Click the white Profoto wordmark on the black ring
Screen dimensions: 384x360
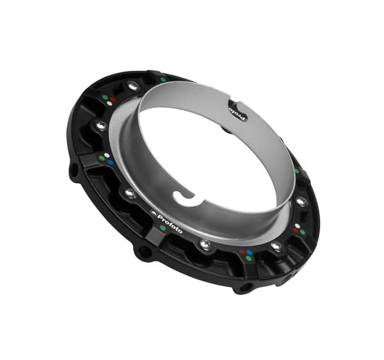pyautogui.click(x=170, y=224)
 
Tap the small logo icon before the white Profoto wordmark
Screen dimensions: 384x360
pyautogui.click(x=153, y=213)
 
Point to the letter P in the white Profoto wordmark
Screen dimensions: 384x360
pyautogui.click(x=161, y=217)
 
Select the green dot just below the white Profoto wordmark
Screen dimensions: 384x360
pyautogui.click(x=162, y=228)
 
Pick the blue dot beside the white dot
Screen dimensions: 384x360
pyautogui.click(x=110, y=162)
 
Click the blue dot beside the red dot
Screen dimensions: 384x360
pyautogui.click(x=250, y=252)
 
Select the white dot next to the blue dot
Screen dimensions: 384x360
pyautogui.click(x=107, y=156)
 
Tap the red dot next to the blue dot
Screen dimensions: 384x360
pyautogui.click(x=243, y=252)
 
